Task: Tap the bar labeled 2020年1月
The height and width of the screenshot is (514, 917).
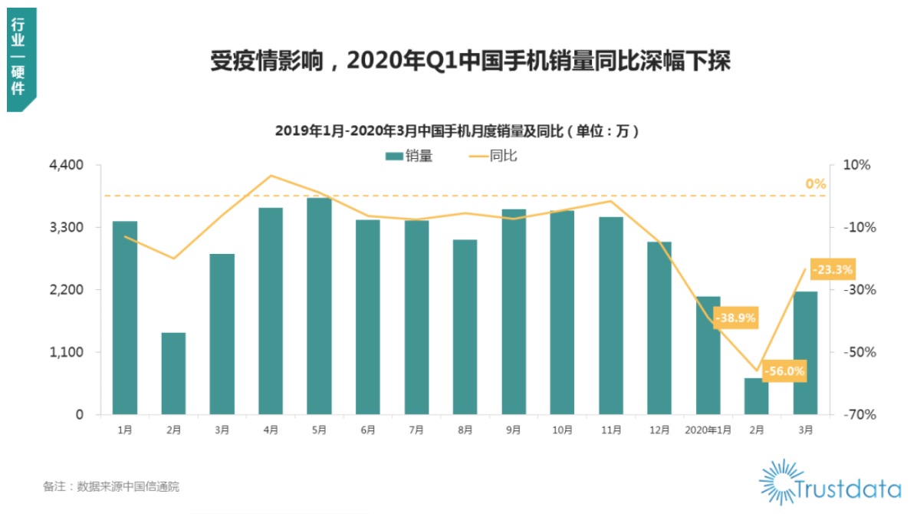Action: [708, 354]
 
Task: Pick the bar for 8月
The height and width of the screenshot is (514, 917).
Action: [465, 327]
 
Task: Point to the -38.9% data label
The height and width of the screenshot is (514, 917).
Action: [736, 317]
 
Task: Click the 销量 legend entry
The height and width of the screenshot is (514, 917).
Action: [409, 157]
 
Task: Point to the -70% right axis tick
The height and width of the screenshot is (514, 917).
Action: [856, 414]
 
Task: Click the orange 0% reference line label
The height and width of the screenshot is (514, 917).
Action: [815, 184]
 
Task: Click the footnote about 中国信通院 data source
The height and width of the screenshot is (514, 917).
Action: [111, 486]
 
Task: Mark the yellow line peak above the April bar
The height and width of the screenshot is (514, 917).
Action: [271, 176]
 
